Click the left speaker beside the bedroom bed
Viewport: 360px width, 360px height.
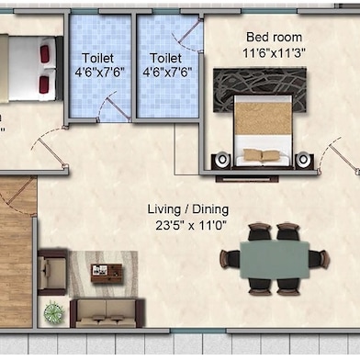(x=221, y=161)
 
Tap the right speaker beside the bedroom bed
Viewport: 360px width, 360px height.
(x=304, y=160)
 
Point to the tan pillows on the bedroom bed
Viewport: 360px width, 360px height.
(x=263, y=156)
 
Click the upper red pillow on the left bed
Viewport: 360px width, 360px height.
(x=44, y=55)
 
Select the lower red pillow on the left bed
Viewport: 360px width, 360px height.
(x=44, y=84)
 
